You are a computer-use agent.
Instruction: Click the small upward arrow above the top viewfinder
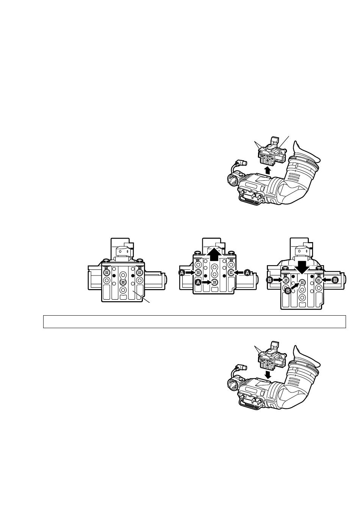(x=268, y=171)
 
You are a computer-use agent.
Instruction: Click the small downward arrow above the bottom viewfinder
(x=268, y=374)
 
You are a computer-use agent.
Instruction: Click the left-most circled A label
(x=182, y=272)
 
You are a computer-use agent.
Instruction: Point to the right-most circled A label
(x=247, y=272)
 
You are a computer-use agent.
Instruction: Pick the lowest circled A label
(x=198, y=282)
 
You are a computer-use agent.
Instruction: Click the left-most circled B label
(x=269, y=280)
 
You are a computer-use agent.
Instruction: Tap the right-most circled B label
(x=335, y=280)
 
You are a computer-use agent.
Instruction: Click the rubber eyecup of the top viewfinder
(x=307, y=153)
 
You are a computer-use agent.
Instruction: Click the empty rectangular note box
(x=194, y=322)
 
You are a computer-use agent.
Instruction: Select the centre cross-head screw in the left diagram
(x=122, y=282)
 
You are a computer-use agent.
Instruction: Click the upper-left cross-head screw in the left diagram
(x=106, y=272)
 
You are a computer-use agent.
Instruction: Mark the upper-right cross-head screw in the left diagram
(x=139, y=272)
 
